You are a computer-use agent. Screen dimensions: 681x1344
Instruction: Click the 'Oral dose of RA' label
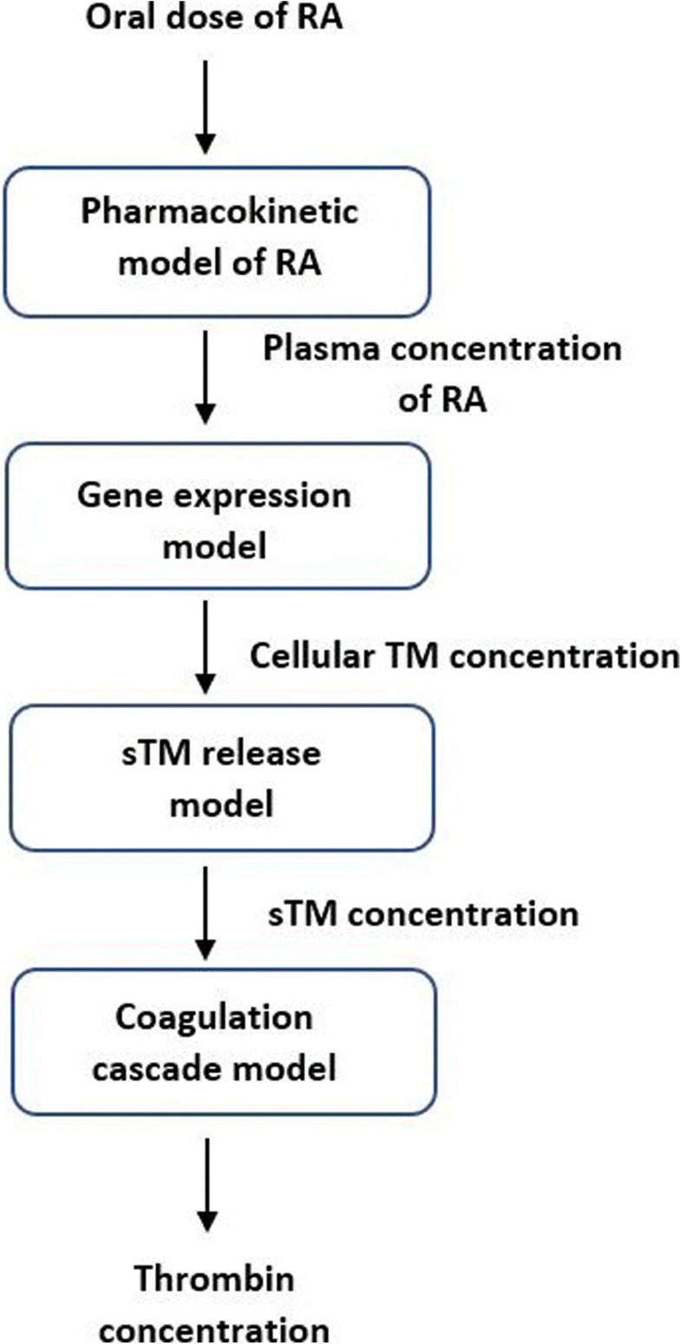tap(214, 16)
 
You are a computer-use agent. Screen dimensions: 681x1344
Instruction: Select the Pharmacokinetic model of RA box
tap(217, 241)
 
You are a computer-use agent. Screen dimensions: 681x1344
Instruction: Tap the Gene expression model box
tap(218, 515)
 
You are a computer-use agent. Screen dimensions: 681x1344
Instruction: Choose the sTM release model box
tap(221, 777)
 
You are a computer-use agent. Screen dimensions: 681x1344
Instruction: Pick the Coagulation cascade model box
tap(223, 1043)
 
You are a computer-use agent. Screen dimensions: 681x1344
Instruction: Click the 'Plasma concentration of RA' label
tap(442, 373)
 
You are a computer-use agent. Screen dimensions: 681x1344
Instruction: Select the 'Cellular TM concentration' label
tap(465, 655)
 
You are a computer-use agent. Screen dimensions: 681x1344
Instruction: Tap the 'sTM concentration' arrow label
tap(423, 914)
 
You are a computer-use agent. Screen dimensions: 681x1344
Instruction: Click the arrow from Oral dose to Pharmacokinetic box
tap(206, 106)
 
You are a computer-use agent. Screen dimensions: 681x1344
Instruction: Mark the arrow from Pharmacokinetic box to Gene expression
tap(206, 377)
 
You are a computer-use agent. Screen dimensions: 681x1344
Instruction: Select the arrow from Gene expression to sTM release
tap(206, 647)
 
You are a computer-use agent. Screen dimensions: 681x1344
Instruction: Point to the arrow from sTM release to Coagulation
tap(206, 913)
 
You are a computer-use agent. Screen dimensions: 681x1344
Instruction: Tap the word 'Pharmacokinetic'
tap(219, 212)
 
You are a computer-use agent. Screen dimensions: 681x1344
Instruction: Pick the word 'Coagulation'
tap(214, 1018)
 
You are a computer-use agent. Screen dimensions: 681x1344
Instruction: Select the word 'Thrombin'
tap(214, 1278)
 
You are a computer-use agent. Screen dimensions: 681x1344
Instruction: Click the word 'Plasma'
tap(322, 349)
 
